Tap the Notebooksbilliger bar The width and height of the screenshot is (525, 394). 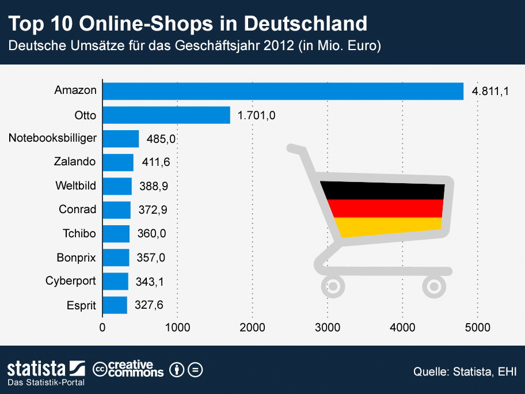click(121, 139)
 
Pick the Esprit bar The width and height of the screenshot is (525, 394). click(115, 305)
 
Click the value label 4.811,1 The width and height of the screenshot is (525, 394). click(491, 91)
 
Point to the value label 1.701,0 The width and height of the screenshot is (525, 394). click(257, 115)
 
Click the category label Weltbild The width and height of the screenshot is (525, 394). click(75, 186)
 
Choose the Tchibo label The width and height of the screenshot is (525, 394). click(79, 233)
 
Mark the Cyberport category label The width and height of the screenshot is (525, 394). click(70, 281)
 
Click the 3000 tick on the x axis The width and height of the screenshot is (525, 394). click(328, 328)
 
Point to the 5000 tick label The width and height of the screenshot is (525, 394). click(477, 328)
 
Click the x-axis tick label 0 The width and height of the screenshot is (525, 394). click(102, 328)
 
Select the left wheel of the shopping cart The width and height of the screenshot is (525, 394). click(333, 285)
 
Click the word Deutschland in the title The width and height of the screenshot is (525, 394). click(305, 24)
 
